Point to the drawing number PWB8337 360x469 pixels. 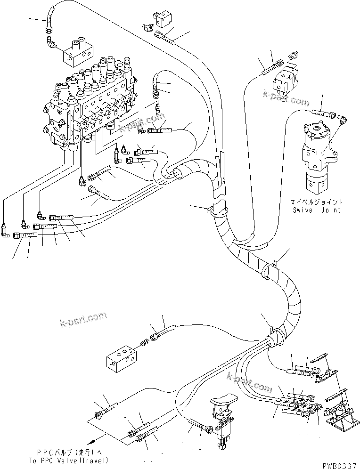[x=340, y=465]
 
